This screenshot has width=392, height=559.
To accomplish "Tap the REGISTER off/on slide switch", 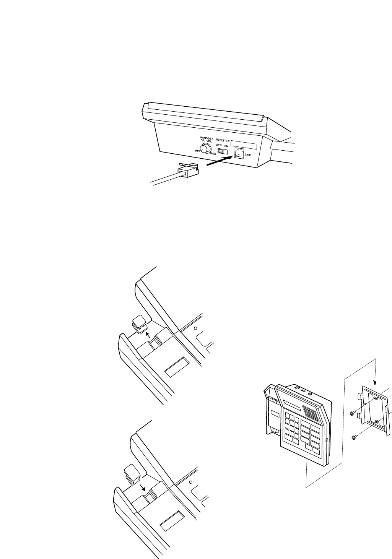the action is [222, 152].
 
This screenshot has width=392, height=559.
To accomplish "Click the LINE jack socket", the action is [239, 153].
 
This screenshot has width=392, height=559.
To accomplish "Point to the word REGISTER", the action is [223, 140].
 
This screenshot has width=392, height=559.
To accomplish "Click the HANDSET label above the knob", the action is [207, 137].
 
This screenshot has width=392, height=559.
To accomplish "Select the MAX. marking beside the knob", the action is [213, 154].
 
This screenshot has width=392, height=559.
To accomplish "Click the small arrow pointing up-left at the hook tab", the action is [147, 335].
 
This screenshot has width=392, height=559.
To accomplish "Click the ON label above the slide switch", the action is [226, 145].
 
